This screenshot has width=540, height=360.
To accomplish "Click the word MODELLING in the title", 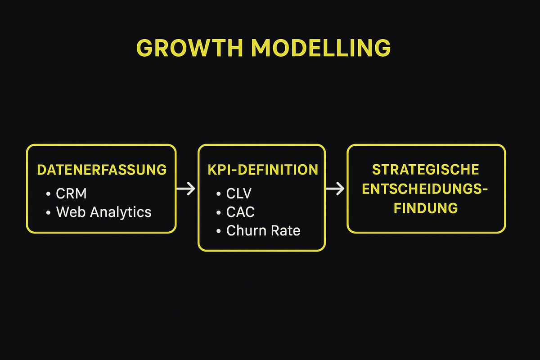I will pyautogui.click(x=321, y=48).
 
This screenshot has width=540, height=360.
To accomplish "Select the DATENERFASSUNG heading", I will pyautogui.click(x=102, y=170).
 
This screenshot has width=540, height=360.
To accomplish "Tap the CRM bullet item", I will pyautogui.click(x=71, y=193).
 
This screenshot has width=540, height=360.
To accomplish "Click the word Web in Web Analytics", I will pyautogui.click(x=70, y=212).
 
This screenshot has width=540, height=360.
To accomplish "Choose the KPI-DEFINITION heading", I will pyautogui.click(x=263, y=170).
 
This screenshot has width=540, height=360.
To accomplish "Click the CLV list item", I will pyautogui.click(x=239, y=193).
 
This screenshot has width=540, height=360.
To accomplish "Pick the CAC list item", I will pyautogui.click(x=240, y=212).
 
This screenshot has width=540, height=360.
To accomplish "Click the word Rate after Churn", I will pyautogui.click(x=285, y=230).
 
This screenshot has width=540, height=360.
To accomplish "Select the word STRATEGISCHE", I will pyautogui.click(x=426, y=170).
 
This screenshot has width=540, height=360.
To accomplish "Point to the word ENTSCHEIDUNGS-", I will pyautogui.click(x=426, y=189).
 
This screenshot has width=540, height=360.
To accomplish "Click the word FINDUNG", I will pyautogui.click(x=426, y=208).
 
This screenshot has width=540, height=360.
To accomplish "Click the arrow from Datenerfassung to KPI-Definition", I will pyautogui.click(x=185, y=189).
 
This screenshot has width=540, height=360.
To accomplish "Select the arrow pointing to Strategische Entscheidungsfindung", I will pyautogui.click(x=335, y=189).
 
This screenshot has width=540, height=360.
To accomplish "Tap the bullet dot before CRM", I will pyautogui.click(x=49, y=194).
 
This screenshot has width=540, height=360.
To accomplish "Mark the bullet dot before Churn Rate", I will pyautogui.click(x=219, y=231).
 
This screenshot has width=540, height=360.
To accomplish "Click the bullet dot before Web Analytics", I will pyautogui.click(x=49, y=212).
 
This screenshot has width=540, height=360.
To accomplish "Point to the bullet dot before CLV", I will pyautogui.click(x=219, y=194).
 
